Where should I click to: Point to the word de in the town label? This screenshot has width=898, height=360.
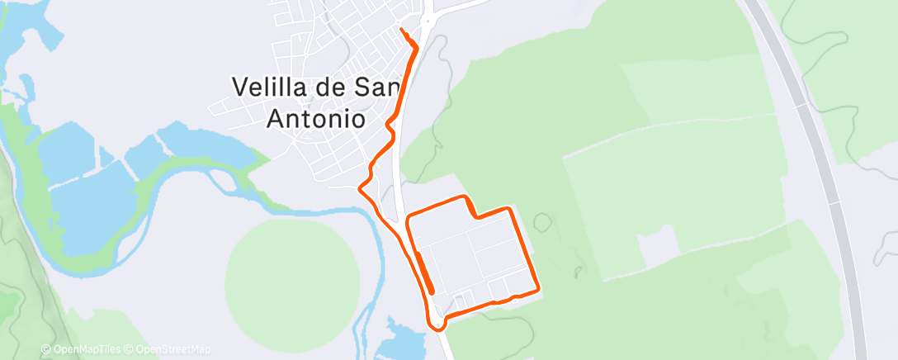click(x=332, y=86)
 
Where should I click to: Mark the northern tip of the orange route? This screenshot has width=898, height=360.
click(x=402, y=30)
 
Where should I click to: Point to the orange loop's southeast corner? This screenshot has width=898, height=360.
click(x=538, y=289)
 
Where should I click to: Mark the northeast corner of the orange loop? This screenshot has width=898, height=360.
click(x=514, y=210)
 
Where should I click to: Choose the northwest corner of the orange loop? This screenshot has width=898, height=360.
click(x=409, y=219)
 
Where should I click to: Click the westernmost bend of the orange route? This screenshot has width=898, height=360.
click(x=359, y=188)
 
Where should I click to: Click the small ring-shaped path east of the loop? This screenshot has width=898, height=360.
click(x=542, y=222)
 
